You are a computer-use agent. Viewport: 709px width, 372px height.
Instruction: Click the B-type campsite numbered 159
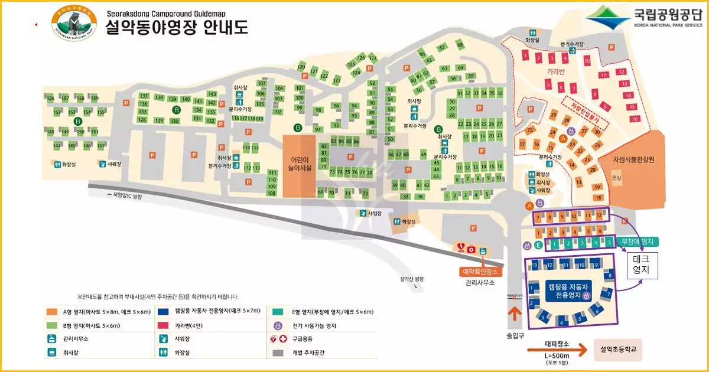95,98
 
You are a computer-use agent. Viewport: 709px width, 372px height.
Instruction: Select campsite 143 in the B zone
212,94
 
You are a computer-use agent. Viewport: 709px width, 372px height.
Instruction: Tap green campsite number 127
372,58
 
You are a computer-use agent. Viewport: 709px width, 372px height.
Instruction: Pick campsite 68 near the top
460,45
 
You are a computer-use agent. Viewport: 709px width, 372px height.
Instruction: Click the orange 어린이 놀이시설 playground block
300,166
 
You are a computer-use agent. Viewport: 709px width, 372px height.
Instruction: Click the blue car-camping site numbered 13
535,265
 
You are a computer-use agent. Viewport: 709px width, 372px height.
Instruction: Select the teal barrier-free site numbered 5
609,243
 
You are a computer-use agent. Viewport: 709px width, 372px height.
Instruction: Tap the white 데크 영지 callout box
641,265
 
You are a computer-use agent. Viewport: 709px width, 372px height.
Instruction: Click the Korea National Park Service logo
643,18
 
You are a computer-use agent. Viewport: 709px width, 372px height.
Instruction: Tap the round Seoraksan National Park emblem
74,22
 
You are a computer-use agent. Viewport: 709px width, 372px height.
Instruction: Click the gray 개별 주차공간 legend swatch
278,353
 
